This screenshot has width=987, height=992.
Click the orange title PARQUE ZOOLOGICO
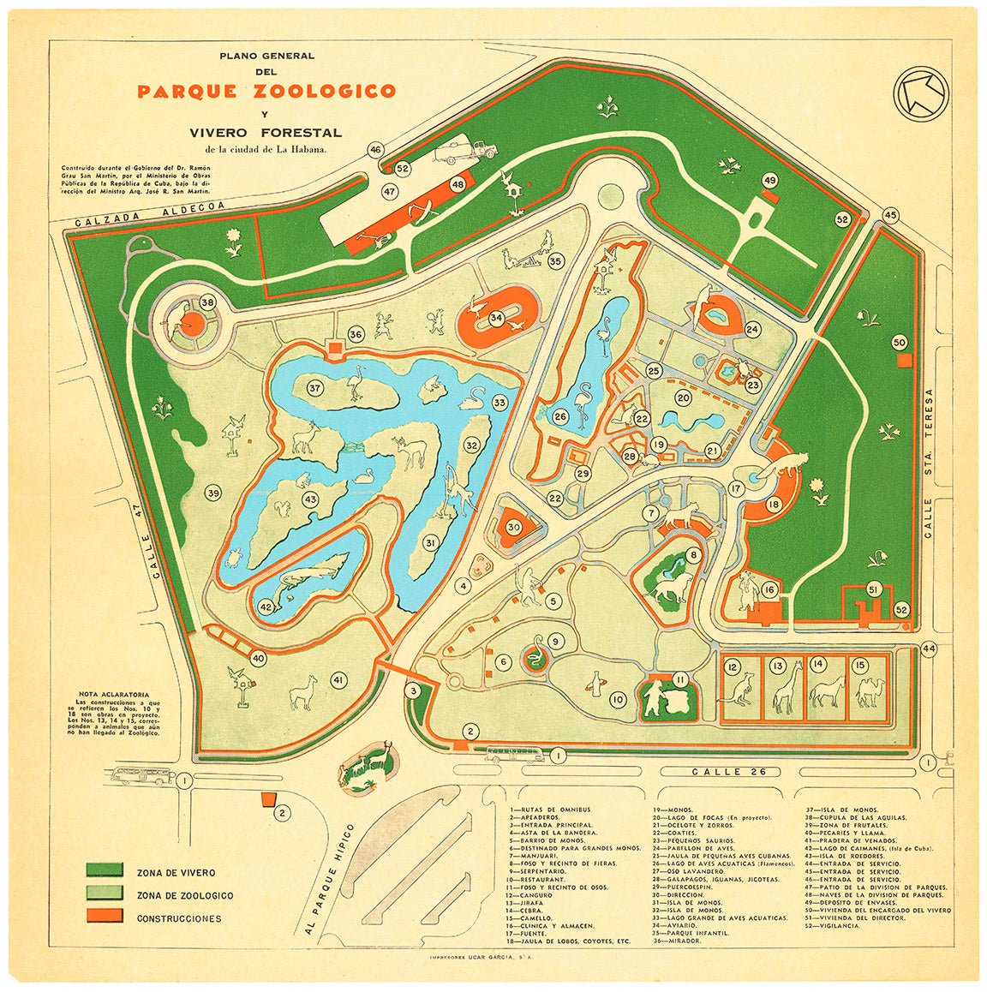click(266, 92)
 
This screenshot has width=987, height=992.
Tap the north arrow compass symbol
click(920, 90)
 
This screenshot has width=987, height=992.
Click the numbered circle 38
click(207, 302)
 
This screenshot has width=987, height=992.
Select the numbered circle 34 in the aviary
click(496, 318)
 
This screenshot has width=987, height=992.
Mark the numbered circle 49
click(770, 180)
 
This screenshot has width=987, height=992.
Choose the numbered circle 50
click(899, 343)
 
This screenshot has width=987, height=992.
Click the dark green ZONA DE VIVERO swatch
click(105, 872)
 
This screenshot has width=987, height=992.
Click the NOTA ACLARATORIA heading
click(114, 694)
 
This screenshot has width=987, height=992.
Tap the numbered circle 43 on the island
click(309, 499)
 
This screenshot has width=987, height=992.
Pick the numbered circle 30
click(513, 528)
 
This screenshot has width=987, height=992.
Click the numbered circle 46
click(375, 150)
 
